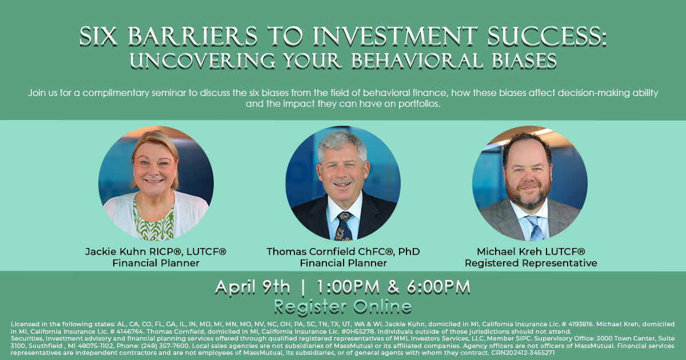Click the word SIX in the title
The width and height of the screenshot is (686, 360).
tap(98, 37)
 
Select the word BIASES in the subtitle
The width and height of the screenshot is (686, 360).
tap(524, 61)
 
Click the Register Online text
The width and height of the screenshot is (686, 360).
tap(342, 307)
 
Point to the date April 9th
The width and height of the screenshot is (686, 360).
tap(252, 287)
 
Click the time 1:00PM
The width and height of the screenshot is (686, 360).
tap(348, 287)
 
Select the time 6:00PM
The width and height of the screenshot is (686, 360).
tap(438, 287)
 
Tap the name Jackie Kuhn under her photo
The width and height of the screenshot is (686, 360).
tap(115, 251)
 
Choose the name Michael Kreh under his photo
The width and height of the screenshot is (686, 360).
tap(509, 251)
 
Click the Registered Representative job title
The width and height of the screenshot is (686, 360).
tap(531, 263)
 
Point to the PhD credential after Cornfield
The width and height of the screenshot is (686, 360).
tap(409, 251)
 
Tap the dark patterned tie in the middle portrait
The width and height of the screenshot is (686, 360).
tap(344, 226)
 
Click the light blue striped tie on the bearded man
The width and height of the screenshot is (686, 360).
tap(535, 228)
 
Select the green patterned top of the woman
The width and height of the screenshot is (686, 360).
tap(154, 221)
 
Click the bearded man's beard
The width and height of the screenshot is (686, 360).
tap(527, 194)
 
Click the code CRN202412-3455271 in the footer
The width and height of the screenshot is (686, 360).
tap(523, 353)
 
